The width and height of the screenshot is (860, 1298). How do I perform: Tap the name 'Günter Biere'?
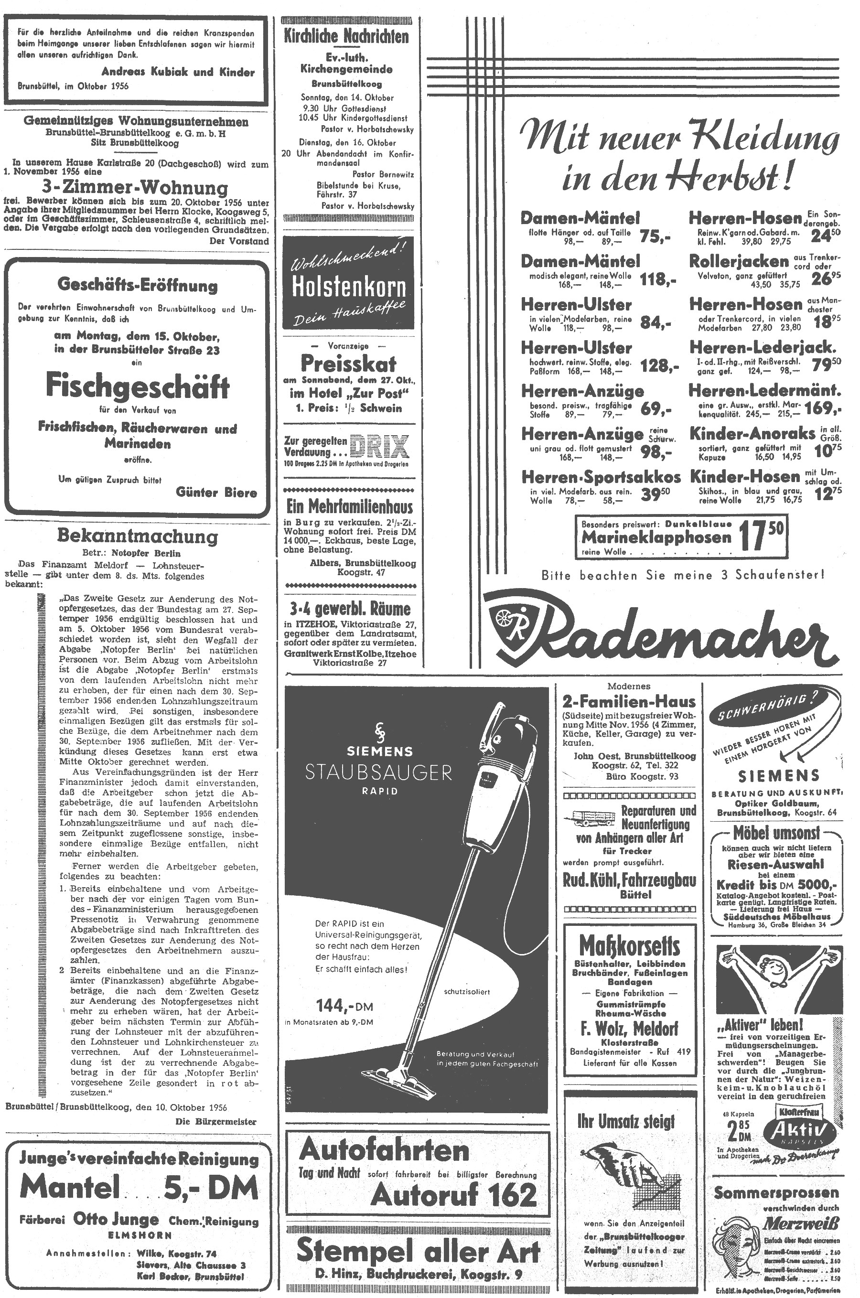[x=216, y=492]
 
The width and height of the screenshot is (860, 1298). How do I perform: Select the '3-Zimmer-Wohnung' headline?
[x=136, y=188]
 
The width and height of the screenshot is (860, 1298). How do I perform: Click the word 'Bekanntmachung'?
[x=137, y=536]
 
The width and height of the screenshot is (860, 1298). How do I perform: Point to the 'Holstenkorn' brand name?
[x=349, y=287]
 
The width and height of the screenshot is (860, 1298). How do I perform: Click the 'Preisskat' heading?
[x=348, y=364]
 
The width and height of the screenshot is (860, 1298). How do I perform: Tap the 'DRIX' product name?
[x=379, y=446]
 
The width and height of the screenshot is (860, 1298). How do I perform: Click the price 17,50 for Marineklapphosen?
[x=761, y=536]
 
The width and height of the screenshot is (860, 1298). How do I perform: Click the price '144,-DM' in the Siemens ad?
[x=344, y=1006]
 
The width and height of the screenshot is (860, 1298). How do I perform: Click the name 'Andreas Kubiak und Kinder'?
[x=178, y=72]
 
